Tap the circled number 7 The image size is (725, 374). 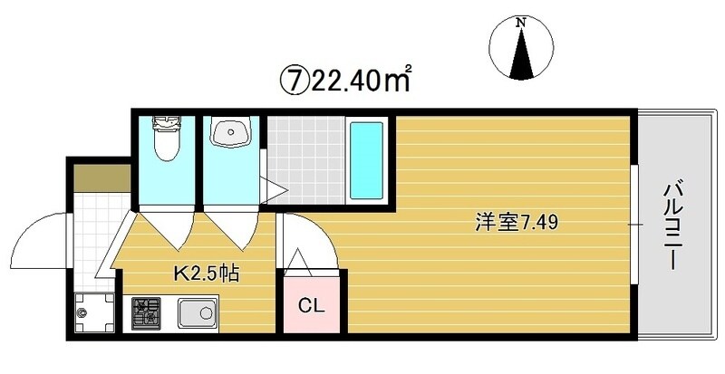point(293,82)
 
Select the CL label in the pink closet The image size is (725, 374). point(312,304)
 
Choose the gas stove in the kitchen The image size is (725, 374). point(146,314)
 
